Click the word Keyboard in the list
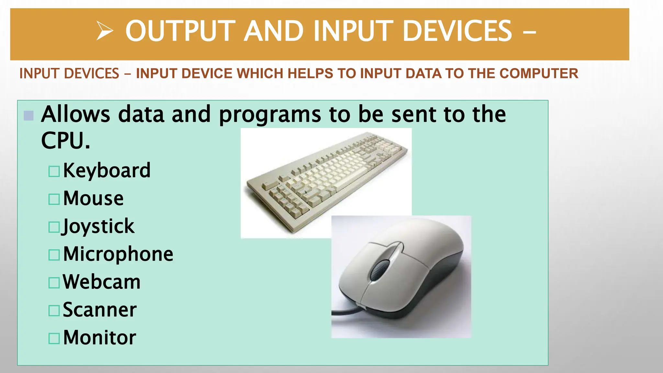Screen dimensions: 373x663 point(107,170)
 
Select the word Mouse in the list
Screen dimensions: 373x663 point(93,198)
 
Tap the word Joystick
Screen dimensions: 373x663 point(98,226)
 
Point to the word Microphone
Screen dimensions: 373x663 point(118,254)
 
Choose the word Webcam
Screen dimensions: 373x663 point(102,282)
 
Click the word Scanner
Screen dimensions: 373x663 point(100,310)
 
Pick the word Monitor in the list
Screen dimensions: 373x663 point(99,338)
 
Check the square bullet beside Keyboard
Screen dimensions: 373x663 point(54,171)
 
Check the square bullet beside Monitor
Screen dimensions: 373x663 point(54,338)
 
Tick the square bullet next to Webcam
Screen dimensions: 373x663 point(54,283)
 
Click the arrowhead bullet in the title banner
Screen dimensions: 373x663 point(105,31)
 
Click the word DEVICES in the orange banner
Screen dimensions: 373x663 point(457,31)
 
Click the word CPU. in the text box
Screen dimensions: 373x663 point(65,141)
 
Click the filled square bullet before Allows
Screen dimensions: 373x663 point(29,116)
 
